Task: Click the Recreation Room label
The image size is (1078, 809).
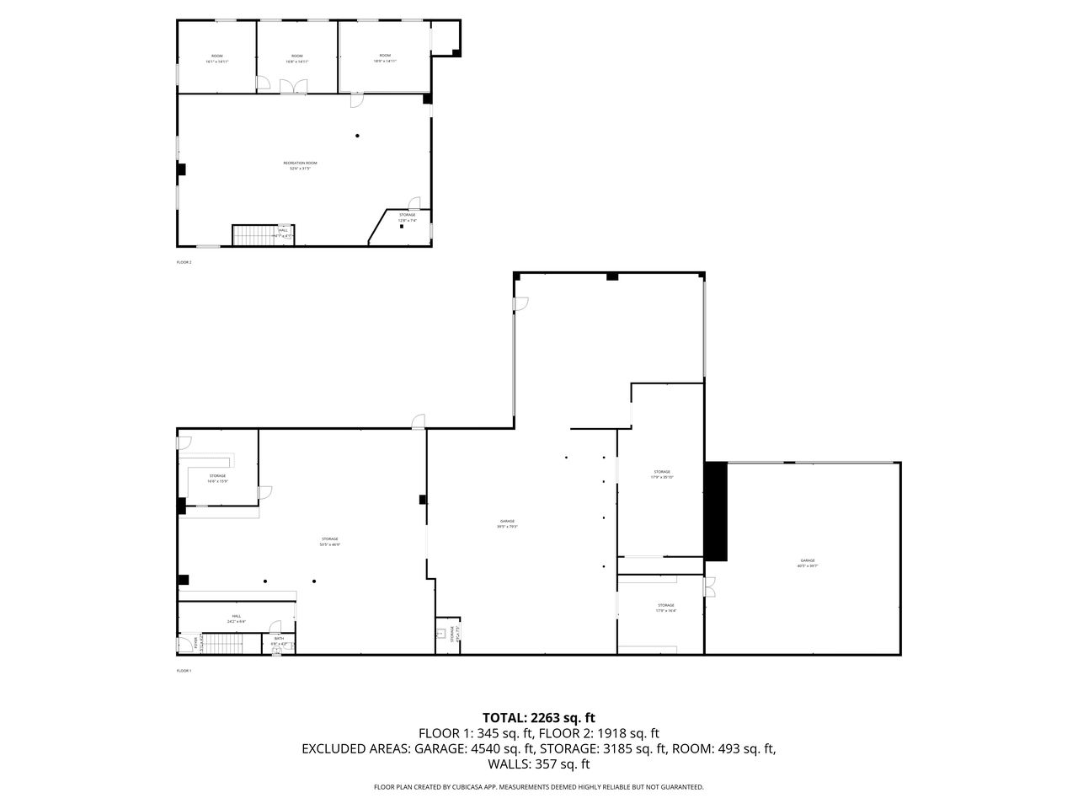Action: point(300,165)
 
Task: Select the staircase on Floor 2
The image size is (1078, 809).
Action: point(254,235)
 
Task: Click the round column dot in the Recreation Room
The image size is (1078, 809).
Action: point(357,136)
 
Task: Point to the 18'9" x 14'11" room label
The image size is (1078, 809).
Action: point(385,58)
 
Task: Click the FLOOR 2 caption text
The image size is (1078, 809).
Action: point(184,262)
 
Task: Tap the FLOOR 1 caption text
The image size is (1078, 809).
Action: point(184,671)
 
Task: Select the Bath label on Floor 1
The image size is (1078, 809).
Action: point(280,640)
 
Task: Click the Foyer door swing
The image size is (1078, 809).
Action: point(185,646)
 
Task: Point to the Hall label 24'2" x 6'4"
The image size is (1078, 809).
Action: point(237,618)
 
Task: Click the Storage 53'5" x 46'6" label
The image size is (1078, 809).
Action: point(329,541)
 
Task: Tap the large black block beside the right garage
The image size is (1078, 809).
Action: point(716,511)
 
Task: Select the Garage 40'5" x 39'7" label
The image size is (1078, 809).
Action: point(807,563)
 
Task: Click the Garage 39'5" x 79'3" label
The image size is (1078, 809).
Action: point(506,523)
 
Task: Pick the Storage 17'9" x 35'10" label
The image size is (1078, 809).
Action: point(662,474)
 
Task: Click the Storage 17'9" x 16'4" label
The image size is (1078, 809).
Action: point(665,608)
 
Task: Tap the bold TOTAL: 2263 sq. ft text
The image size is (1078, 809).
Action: point(539,718)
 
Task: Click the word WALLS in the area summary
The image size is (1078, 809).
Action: point(507,764)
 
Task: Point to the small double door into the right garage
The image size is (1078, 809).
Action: point(710,585)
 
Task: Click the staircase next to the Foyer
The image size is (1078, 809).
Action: point(223,645)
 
